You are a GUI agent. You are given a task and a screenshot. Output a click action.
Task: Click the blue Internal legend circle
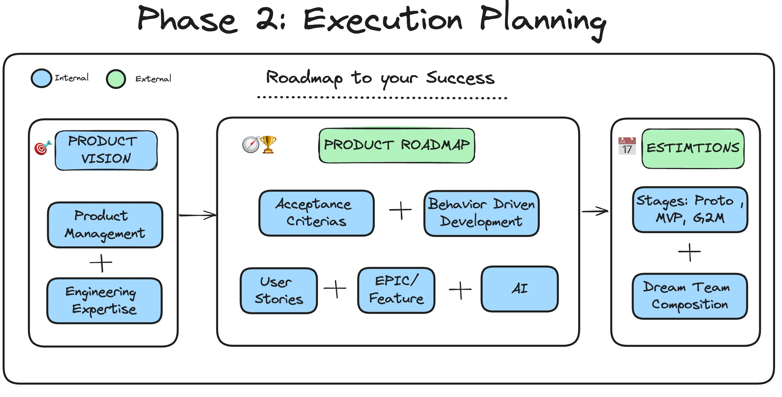click(x=41, y=78)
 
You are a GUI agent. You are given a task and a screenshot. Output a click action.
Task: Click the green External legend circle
click(x=116, y=79)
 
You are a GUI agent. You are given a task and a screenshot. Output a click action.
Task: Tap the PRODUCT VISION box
click(x=106, y=150)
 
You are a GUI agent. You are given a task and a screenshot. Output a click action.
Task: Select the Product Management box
click(x=105, y=225)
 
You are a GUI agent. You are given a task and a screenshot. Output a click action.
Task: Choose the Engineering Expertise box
click(x=104, y=301)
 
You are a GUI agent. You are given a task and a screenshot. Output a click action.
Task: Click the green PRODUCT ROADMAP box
click(x=397, y=145)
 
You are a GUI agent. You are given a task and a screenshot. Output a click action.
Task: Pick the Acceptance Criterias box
click(x=316, y=213)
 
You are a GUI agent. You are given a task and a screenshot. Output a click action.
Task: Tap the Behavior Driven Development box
click(x=481, y=213)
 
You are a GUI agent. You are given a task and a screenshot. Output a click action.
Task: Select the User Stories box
click(x=279, y=291)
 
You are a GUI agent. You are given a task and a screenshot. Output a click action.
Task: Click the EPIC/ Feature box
click(x=396, y=290)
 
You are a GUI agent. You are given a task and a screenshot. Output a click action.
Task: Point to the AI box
click(x=520, y=289)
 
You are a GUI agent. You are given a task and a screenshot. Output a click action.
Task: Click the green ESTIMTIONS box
click(x=693, y=149)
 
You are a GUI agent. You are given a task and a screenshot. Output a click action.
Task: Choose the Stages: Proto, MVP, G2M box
click(x=690, y=210)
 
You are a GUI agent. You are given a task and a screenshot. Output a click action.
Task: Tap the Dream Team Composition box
click(x=690, y=296)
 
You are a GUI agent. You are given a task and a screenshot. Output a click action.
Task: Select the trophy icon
click(x=268, y=144)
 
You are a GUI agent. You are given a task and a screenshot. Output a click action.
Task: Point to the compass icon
click(x=251, y=145)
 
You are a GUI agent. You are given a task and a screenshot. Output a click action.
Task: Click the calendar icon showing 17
click(x=627, y=146)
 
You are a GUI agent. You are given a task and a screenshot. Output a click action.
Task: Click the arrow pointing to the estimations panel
click(x=595, y=211)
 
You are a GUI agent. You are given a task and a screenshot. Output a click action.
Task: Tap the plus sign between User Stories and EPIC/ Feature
click(x=335, y=289)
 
